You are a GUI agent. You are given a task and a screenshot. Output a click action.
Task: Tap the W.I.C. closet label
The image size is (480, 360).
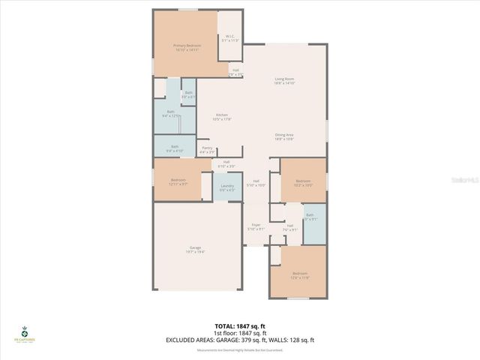point(230,39)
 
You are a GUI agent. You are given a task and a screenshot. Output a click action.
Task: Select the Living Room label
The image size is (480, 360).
point(283,81)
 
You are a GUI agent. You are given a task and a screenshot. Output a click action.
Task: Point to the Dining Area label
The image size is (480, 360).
point(283,136)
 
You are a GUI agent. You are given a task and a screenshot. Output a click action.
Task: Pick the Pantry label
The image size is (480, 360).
point(206,150)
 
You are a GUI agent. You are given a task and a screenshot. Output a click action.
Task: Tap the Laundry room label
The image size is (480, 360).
point(227,187)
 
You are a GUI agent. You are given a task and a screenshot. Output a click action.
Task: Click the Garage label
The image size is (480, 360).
point(195,250)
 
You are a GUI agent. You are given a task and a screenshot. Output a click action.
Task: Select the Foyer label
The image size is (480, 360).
point(256,226)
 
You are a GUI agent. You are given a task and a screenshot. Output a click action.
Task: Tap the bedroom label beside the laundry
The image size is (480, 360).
point(178,181)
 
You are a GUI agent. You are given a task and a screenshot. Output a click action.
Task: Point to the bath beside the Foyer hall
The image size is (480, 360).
point(312,217)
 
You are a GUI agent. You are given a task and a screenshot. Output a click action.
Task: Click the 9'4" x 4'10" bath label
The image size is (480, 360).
point(174,148)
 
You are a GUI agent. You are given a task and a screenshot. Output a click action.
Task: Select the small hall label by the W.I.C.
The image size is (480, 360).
point(235,72)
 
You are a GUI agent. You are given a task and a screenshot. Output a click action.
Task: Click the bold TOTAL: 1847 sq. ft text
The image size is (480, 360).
point(240,326)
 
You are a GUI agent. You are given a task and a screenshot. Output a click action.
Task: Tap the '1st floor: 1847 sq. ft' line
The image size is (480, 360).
point(240,333)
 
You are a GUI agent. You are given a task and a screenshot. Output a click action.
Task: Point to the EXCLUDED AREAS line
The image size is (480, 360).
point(240,340)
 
